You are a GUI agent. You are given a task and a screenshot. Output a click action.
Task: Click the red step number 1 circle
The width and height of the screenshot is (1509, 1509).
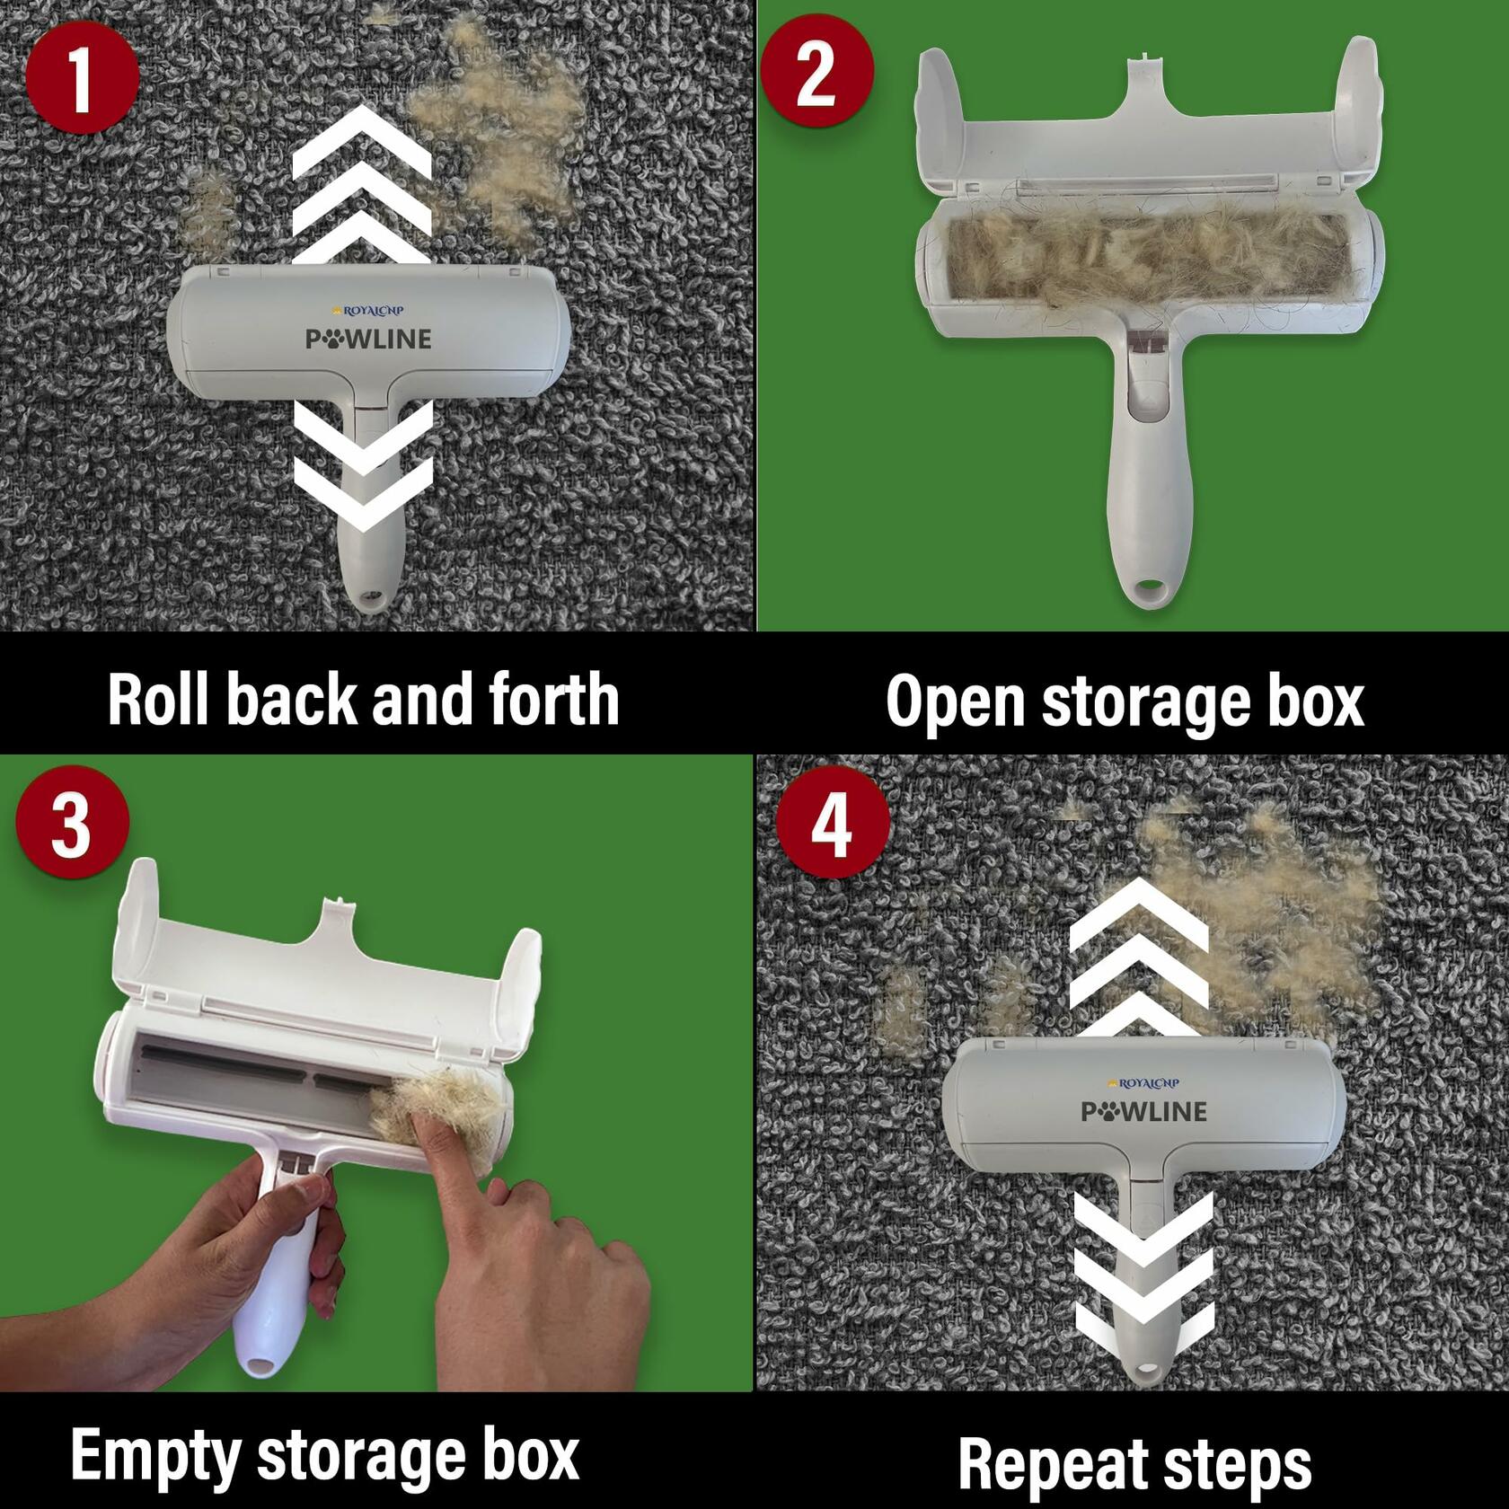click(x=83, y=78)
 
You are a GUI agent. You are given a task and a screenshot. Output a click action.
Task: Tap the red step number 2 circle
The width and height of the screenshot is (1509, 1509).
click(x=816, y=73)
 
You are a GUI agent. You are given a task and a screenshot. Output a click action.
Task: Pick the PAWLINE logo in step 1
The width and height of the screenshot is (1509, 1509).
click(x=368, y=339)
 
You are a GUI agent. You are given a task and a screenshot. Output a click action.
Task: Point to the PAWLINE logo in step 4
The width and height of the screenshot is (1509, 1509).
click(x=1143, y=1111)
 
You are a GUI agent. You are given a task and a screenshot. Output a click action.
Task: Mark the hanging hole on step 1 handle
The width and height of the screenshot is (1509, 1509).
click(x=368, y=596)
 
